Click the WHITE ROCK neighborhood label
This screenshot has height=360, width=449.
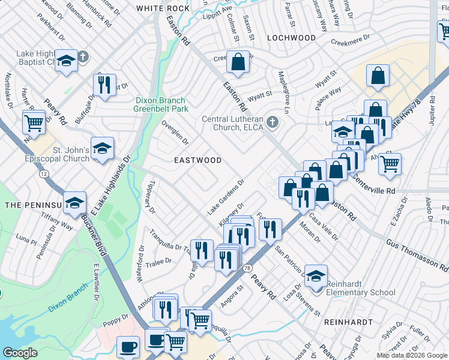tap(162, 8)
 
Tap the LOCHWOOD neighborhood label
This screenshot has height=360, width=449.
tap(291, 38)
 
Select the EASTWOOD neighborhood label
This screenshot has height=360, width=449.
tap(197, 161)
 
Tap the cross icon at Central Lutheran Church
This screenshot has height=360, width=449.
tap(273, 122)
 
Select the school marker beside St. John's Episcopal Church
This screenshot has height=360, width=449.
tap(103, 148)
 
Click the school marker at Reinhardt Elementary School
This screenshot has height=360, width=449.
tap(316, 275)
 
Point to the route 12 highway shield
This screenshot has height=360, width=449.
tap(44, 174)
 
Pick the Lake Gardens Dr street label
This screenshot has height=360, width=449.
tap(226, 197)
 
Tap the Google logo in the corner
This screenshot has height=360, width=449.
tap(20, 353)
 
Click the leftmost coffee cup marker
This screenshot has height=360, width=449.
tap(128, 346)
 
